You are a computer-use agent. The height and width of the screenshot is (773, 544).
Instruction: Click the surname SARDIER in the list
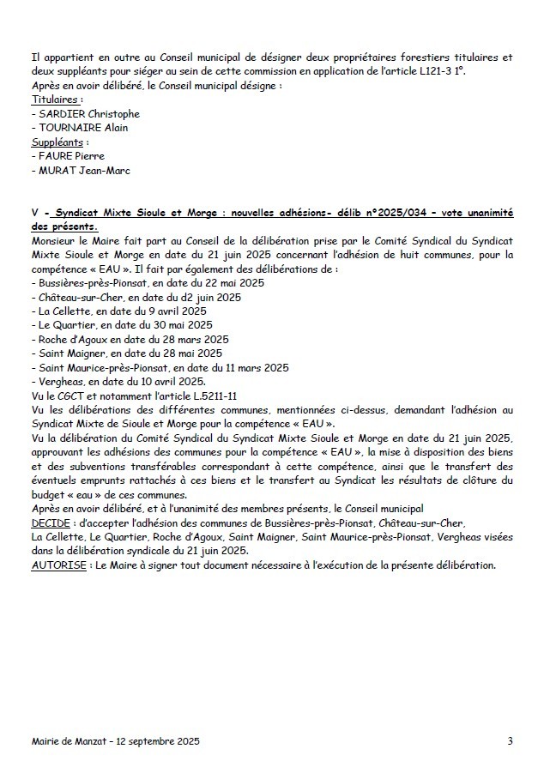click(61, 114)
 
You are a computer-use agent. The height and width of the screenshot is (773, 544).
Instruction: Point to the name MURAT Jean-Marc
click(82, 170)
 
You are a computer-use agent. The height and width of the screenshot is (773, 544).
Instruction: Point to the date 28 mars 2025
click(197, 339)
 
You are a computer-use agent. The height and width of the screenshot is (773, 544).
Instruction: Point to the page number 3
click(510, 740)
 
